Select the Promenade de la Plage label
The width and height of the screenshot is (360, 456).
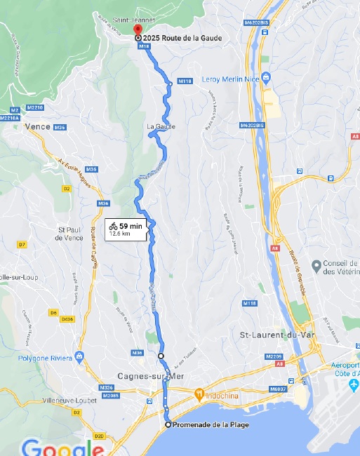208,425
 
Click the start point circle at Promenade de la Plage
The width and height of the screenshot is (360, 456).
168,425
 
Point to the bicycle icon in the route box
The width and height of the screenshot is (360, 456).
113,226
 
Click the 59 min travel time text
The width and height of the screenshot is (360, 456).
131,226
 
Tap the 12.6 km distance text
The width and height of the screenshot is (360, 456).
120,234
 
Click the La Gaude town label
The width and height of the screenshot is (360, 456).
161,127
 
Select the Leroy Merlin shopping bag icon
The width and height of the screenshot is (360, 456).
265,76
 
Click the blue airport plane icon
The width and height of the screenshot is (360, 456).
354,385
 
